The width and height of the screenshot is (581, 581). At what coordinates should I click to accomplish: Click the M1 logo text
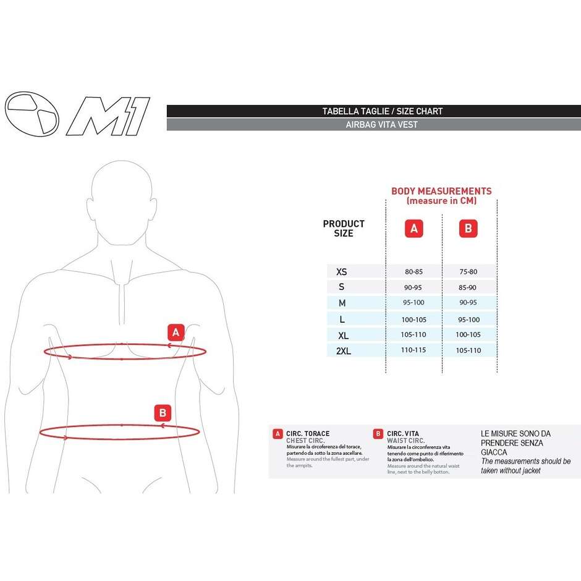point(108,116)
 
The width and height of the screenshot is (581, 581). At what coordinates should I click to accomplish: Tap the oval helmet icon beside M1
point(32,115)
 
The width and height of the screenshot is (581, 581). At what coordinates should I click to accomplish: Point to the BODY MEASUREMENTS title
point(441,191)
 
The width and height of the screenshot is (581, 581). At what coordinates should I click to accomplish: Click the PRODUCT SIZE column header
point(344,228)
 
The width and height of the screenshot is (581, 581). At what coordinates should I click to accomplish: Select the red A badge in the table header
point(413,229)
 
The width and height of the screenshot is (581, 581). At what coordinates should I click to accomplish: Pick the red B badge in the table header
point(468,229)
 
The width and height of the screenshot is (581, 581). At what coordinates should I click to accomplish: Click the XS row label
point(341,271)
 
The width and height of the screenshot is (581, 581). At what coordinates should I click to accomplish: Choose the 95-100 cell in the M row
point(413,303)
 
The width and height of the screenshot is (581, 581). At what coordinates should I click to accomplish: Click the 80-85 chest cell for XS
point(413,271)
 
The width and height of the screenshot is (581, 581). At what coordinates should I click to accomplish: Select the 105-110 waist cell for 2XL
point(468,350)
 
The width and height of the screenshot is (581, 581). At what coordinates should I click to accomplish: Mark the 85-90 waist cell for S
point(468,287)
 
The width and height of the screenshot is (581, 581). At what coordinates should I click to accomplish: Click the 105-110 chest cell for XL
point(413,334)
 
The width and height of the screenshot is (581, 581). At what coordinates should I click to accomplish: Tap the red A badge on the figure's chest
point(176,333)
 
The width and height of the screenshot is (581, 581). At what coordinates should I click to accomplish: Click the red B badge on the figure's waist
point(162,412)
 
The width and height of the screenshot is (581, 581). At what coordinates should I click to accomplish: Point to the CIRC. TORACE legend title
point(308,434)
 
